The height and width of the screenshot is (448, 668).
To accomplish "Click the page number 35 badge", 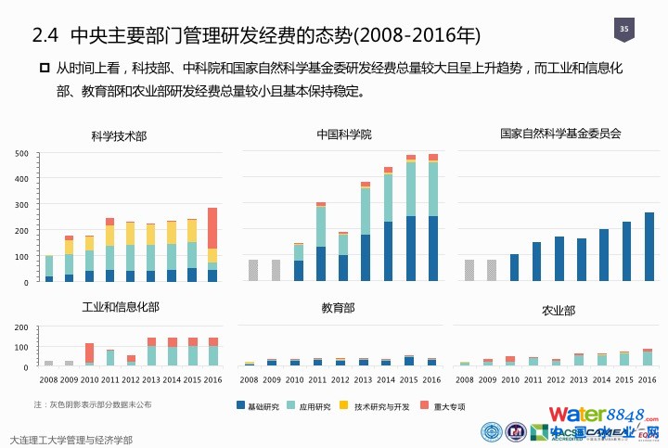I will click(x=624, y=32).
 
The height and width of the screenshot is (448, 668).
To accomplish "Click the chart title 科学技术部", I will click(x=119, y=135).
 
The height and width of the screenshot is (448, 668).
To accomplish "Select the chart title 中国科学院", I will click(x=343, y=134).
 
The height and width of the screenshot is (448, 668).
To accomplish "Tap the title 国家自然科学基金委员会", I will click(x=559, y=134).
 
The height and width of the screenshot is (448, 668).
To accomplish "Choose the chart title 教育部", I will click(x=338, y=307).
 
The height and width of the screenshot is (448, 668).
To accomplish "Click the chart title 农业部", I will click(x=559, y=310).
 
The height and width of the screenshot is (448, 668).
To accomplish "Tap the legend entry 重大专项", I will click(x=445, y=405).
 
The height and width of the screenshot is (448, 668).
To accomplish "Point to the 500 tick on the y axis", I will click(x=21, y=154).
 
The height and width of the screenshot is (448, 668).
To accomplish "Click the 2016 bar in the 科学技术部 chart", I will click(x=212, y=245).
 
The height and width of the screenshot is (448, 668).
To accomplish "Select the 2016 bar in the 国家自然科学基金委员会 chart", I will click(x=649, y=247).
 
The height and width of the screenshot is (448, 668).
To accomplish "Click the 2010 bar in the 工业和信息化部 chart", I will click(x=89, y=353).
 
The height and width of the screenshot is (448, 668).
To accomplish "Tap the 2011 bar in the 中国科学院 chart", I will click(x=321, y=242).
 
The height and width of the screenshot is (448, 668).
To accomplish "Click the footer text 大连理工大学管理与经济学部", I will click(x=70, y=440).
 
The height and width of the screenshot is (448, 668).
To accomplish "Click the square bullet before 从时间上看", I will click(x=44, y=68).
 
